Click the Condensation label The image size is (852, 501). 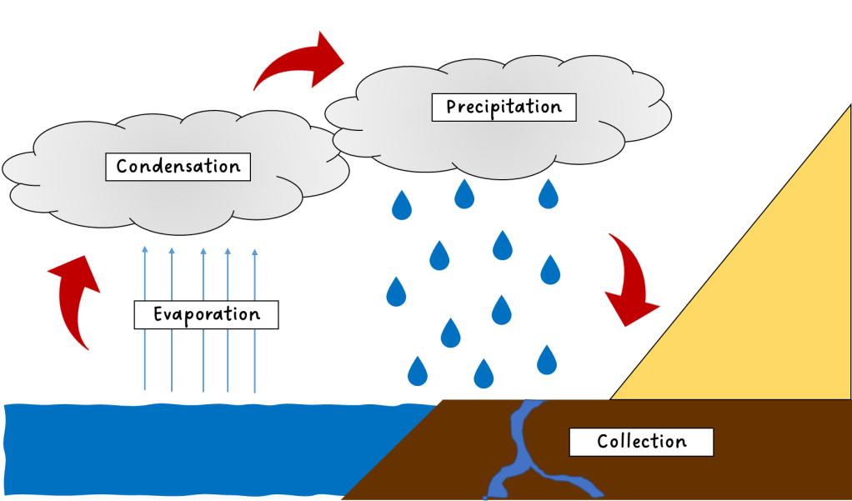coord(178,166)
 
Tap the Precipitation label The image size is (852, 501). coord(504,107)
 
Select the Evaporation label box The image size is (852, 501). coord(206,314)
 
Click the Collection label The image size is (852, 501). coord(641,441)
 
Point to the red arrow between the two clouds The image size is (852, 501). coord(300,65)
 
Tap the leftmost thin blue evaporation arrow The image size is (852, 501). coord(145,317)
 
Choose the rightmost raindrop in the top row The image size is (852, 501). coord(548,195)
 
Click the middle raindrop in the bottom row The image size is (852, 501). coord(484,374)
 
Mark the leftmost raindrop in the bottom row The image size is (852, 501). coord(416,370)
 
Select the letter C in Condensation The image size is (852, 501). coord(122,166)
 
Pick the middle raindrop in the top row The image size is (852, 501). coord(464,195)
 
